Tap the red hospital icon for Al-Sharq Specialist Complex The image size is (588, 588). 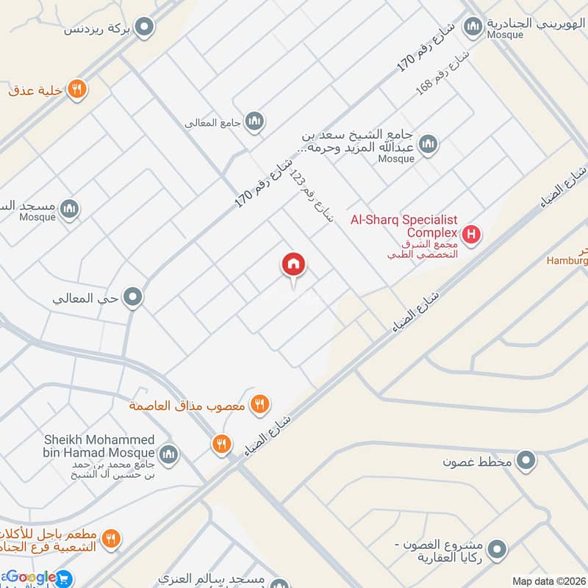pyautogui.click(x=472, y=236)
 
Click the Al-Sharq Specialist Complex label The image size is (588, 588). pyautogui.click(x=415, y=226)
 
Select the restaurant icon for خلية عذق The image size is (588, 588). pyautogui.click(x=77, y=90)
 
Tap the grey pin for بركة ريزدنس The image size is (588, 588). pyautogui.click(x=146, y=28)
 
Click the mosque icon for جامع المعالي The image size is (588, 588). pyautogui.click(x=254, y=121)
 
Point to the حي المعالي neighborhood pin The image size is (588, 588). pyautogui.click(x=133, y=298)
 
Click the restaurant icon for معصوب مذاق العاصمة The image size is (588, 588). pyautogui.click(x=259, y=403)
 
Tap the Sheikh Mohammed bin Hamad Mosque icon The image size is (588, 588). pyautogui.click(x=169, y=454)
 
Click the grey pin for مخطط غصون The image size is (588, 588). pyautogui.click(x=526, y=462)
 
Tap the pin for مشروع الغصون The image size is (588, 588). pyautogui.click(x=498, y=548)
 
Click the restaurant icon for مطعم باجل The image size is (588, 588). pyautogui.click(x=110, y=539)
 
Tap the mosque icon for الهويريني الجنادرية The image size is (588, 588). pyautogui.click(x=473, y=28)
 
